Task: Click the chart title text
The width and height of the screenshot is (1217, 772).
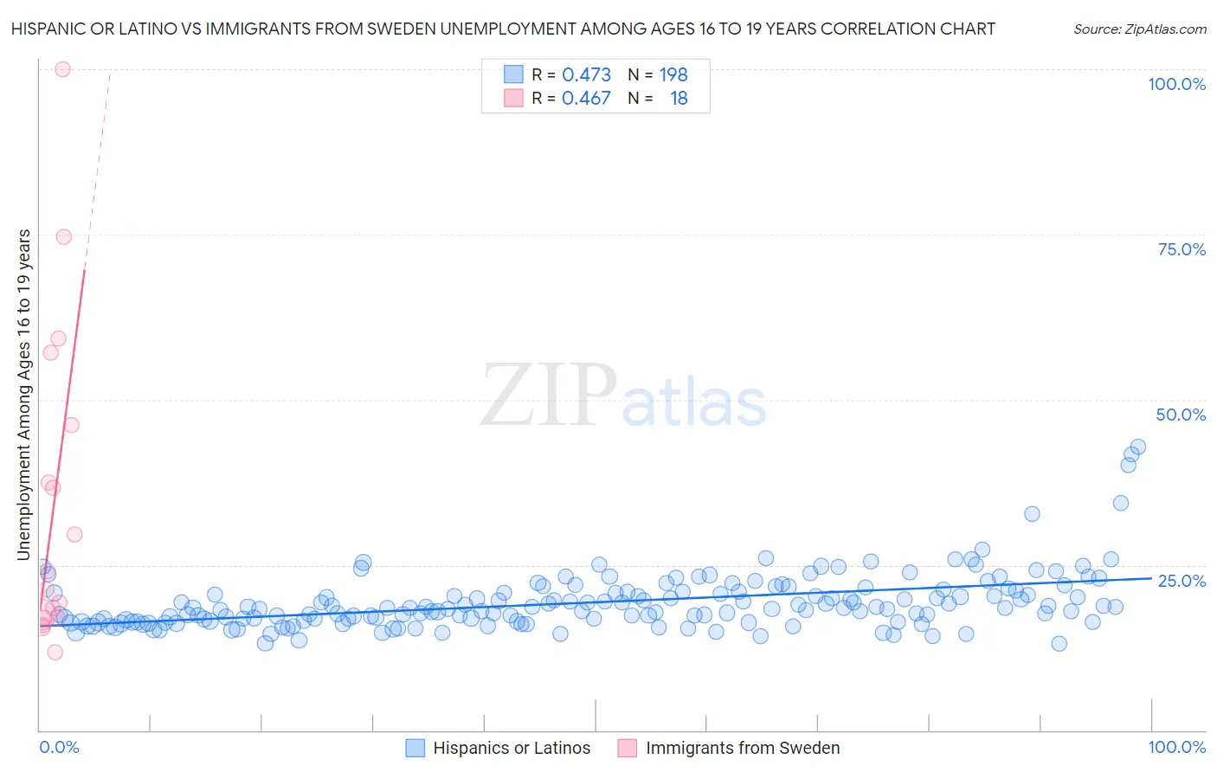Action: tap(503, 29)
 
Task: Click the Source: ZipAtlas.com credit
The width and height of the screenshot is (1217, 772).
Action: tap(1139, 29)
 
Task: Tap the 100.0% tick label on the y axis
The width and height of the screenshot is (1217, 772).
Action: tap(1176, 84)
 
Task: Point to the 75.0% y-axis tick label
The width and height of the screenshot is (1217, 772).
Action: tap(1182, 249)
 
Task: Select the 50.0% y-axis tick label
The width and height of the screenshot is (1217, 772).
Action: tap(1181, 415)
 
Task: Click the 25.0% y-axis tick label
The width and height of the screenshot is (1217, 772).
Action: tap(1182, 580)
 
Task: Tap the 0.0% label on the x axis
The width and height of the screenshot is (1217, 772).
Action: tap(59, 747)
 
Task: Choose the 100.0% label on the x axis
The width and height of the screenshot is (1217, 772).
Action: tap(1176, 747)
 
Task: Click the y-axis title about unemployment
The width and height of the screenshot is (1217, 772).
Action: tap(23, 394)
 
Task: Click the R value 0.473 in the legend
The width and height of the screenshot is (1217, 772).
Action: tap(586, 74)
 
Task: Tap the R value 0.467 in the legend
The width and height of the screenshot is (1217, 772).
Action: tap(586, 99)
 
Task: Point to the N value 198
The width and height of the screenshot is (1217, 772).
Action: tap(673, 74)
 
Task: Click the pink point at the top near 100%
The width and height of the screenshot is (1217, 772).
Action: tap(62, 69)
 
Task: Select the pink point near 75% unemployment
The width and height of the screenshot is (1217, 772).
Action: tap(63, 237)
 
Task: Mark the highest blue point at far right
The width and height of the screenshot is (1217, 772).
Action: tap(1138, 447)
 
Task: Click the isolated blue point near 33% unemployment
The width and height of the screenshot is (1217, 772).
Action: tap(1032, 514)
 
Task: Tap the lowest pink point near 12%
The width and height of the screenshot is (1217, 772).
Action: tap(55, 653)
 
